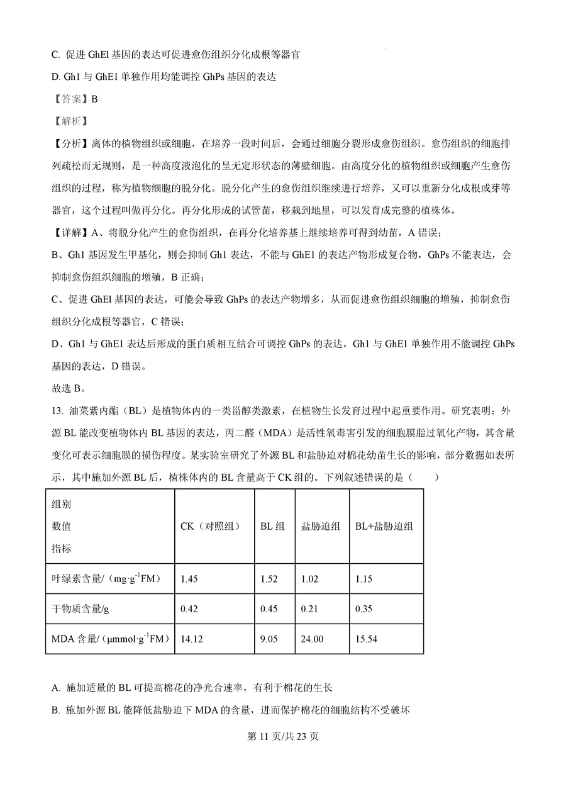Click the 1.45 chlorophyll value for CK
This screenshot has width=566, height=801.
(x=189, y=579)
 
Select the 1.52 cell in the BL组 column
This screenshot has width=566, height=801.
(x=269, y=579)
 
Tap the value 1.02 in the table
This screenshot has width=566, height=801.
(x=311, y=579)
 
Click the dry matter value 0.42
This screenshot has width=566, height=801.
(x=189, y=608)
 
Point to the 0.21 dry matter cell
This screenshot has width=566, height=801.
(x=311, y=608)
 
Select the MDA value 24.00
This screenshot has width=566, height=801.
(x=313, y=639)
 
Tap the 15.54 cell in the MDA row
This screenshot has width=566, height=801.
(x=366, y=639)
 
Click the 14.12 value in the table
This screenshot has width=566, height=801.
(x=191, y=639)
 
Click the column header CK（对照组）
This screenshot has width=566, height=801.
(x=210, y=527)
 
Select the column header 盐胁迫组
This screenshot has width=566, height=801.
(x=321, y=527)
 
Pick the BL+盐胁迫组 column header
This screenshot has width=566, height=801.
(x=384, y=527)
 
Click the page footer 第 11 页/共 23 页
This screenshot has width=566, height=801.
(x=282, y=736)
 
